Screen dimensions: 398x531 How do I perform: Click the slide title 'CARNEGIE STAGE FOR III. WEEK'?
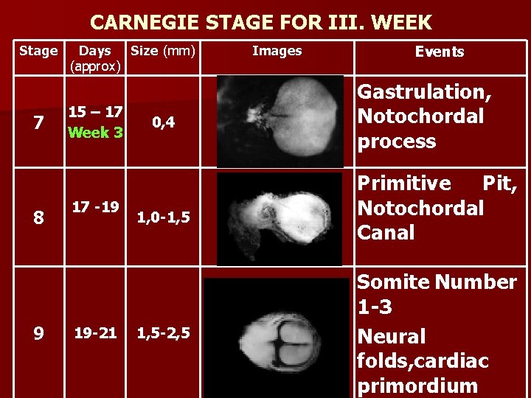point(261,22)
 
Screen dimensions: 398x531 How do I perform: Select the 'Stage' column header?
point(38,51)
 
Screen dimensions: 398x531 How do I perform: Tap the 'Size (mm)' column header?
point(162,51)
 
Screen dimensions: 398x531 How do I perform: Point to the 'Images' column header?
point(277,51)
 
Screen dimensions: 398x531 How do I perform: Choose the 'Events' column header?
point(440,52)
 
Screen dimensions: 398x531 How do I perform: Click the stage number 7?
point(38,123)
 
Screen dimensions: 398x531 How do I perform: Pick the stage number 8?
point(38,218)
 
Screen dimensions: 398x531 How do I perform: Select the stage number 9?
point(38,334)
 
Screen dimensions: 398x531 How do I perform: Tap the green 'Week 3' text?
point(95,133)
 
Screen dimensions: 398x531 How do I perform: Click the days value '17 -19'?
point(95,207)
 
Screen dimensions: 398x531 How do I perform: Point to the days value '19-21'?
point(95,333)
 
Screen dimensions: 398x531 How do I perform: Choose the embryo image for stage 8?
point(280,219)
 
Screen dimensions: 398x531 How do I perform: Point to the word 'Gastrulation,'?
point(425,92)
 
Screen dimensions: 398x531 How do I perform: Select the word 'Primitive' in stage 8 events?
point(404,183)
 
